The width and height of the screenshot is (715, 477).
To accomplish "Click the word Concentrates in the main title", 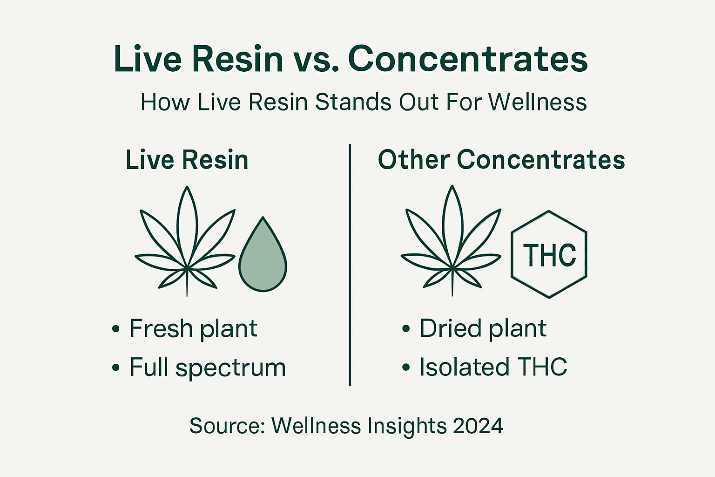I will pyautogui.click(x=467, y=59).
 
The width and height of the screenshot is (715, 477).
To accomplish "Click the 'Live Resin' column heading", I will pyautogui.click(x=187, y=160).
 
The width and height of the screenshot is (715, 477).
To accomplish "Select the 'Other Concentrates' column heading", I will pyautogui.click(x=501, y=160).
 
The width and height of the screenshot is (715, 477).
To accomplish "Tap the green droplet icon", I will pyautogui.click(x=263, y=256).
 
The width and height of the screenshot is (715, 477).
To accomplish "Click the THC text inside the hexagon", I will pyautogui.click(x=549, y=255).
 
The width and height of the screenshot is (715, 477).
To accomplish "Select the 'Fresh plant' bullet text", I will pyautogui.click(x=193, y=329).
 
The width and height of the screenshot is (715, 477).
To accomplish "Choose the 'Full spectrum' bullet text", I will pyautogui.click(x=208, y=368).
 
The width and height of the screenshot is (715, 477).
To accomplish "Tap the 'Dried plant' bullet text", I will pyautogui.click(x=483, y=329).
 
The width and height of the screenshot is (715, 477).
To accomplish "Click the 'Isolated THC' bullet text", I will pyautogui.click(x=493, y=367).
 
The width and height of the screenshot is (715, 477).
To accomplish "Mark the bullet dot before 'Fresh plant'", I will pyautogui.click(x=116, y=329).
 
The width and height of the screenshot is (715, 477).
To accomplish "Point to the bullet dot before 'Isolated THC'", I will pyautogui.click(x=406, y=368).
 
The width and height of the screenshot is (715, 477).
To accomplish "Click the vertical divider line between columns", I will pyautogui.click(x=350, y=266).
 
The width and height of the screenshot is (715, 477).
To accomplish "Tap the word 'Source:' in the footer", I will pyautogui.click(x=227, y=426).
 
